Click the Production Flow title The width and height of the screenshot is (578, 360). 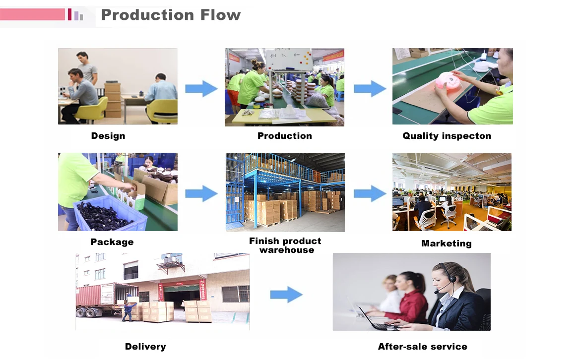pos(171,15)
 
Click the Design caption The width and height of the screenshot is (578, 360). pos(108,136)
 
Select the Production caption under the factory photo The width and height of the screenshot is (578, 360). pos(285,136)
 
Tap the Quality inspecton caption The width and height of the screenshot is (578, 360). pos(447,136)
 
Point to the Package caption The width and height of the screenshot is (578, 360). pos(112,242)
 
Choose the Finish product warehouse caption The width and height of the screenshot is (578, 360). pos(285,245)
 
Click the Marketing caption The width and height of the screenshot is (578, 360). pos(447,243)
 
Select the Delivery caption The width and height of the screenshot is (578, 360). pos(145,347)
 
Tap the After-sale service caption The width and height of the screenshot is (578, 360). pos(423,347)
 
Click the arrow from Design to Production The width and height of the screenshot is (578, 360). pos(201,89)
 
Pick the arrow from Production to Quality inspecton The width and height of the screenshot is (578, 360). pos(370,89)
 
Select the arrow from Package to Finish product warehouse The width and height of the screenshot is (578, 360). pos(201,193)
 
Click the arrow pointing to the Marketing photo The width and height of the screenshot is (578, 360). pos(370,193)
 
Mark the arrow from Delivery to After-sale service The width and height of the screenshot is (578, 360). pos(286,295)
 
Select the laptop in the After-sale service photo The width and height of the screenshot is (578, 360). pos(372,320)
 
